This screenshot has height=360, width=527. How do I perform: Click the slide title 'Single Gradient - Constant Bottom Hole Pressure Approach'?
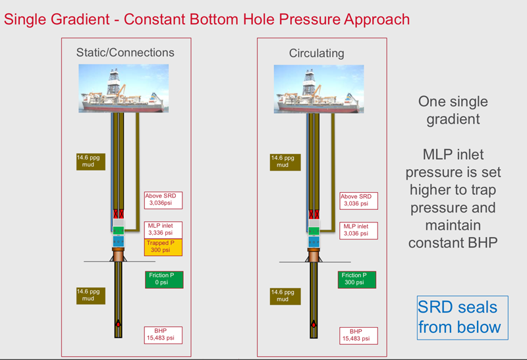tap(207, 18)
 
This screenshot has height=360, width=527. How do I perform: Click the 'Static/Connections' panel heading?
tap(125, 52)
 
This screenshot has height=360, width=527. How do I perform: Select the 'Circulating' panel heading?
tap(317, 53)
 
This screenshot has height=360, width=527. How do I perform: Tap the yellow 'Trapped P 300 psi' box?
tap(163, 247)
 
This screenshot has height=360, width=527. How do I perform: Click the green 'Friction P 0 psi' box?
tap(163, 279)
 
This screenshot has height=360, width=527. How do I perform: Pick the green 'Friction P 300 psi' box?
tap(358, 279)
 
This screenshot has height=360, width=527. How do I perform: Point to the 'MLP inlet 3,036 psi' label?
tap(358, 230)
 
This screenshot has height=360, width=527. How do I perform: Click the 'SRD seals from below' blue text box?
tap(462, 317)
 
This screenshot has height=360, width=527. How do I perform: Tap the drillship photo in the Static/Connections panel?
tap(124, 87)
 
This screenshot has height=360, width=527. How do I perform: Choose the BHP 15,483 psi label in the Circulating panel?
tap(358, 335)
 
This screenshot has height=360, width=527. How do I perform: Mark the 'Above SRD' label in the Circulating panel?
tap(358, 200)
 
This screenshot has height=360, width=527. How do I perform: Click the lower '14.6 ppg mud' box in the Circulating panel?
tap(285, 296)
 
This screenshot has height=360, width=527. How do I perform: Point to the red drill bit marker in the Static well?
tap(119, 324)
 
